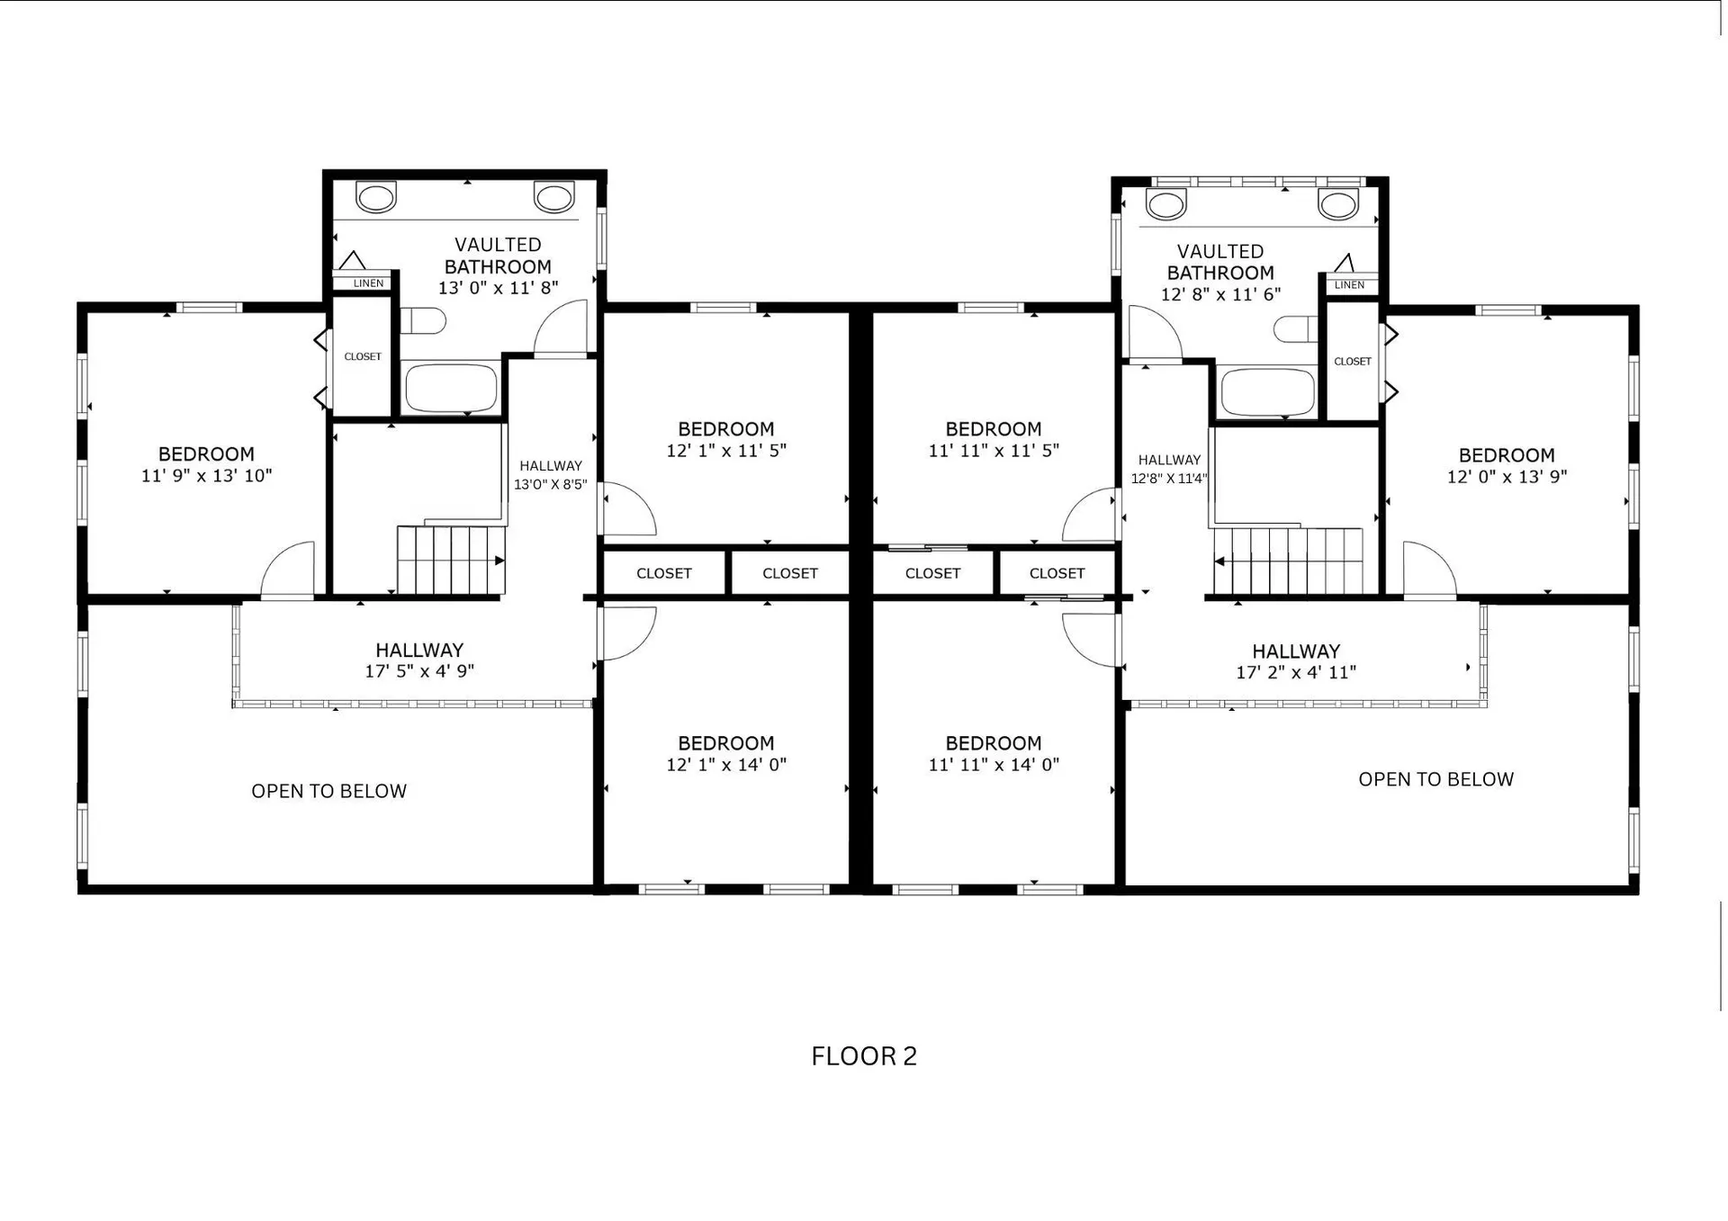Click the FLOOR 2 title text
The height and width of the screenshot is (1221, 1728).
click(864, 1055)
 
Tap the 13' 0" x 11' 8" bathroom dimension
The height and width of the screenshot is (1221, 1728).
click(498, 288)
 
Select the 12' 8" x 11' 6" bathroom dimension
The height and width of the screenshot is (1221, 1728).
click(1220, 294)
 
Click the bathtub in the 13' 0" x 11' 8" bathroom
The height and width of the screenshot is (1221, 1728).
click(451, 388)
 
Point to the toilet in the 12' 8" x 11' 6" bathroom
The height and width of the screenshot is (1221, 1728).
click(1297, 329)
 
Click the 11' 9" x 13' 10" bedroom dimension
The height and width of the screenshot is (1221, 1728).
click(206, 476)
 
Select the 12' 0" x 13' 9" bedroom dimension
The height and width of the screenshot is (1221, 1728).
click(1507, 477)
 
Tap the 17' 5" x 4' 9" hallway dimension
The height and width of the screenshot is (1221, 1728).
click(419, 671)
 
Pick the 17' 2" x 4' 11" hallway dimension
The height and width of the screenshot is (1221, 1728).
click(1296, 672)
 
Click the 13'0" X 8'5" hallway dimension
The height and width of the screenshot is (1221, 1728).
click(550, 485)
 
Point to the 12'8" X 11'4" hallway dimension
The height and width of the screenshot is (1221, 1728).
click(1169, 479)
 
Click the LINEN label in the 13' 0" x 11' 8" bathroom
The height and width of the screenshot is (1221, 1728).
click(368, 283)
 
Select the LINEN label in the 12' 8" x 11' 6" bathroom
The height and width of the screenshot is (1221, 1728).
click(1349, 285)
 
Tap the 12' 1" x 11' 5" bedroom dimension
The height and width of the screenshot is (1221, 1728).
click(726, 451)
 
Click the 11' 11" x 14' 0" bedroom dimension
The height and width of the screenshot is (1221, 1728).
click(994, 765)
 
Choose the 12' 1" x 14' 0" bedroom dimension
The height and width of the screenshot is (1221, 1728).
click(726, 765)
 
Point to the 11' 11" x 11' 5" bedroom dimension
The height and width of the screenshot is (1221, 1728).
click(994, 451)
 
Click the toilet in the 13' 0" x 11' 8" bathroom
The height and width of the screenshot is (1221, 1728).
click(423, 320)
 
